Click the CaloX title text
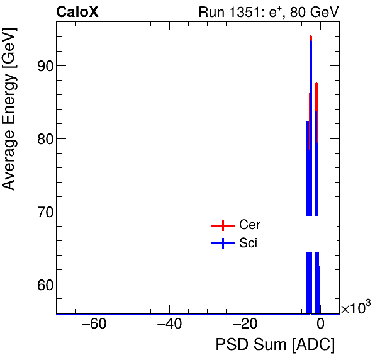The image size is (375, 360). (x=77, y=12)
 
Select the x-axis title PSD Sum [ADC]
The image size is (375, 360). (x=275, y=345)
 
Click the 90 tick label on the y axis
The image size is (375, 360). (x=39, y=66)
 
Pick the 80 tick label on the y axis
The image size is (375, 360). (x=39, y=138)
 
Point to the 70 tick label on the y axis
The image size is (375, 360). (x=39, y=211)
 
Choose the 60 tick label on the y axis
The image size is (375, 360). (x=39, y=284)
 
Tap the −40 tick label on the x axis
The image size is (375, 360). (x=169, y=325)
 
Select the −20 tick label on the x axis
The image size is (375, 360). (x=244, y=325)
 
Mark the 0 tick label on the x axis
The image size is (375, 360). (x=320, y=325)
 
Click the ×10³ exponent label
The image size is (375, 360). (x=355, y=308)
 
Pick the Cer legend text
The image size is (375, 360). (x=250, y=225)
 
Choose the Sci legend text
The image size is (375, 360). (x=249, y=243)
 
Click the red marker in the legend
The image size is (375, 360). (x=221, y=225)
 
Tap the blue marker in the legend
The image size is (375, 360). (x=221, y=244)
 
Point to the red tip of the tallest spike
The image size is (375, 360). (x=311, y=37)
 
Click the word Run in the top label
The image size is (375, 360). (x=210, y=12)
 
